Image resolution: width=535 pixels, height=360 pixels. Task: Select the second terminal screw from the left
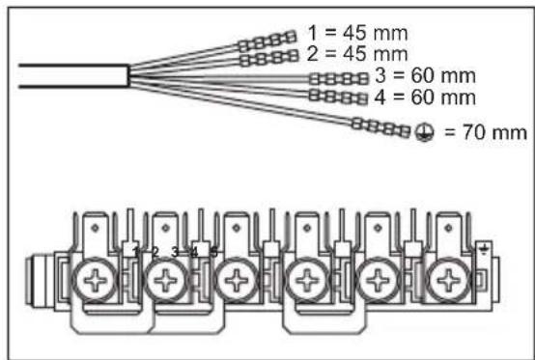pos(163,282)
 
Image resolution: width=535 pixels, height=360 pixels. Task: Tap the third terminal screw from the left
pos(235,282)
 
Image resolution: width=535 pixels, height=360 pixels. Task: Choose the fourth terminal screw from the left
pos(307,282)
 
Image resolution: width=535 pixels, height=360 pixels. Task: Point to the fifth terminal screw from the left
pos(378,282)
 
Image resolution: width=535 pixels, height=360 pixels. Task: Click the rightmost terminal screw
pos(448,282)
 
